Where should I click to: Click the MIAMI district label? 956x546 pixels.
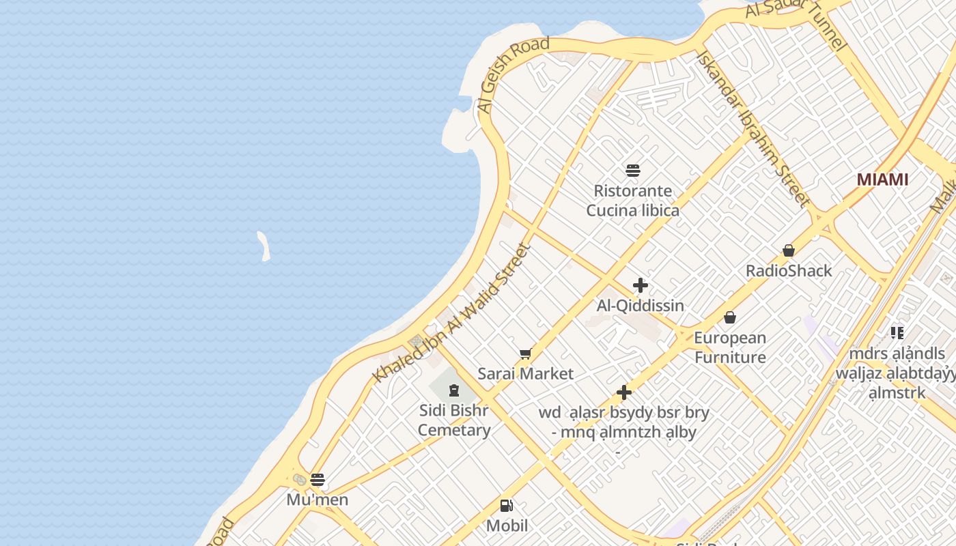pos(882,179)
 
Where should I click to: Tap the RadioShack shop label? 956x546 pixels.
pos(789,271)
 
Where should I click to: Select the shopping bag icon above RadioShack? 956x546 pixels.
pos(789,250)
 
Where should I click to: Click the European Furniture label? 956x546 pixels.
pos(730,347)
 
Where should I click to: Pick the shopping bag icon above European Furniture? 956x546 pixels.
pos(730,317)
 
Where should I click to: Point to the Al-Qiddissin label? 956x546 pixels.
pos(640,306)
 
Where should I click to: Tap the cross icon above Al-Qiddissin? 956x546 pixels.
pos(640,285)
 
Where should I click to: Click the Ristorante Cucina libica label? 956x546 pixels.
pos(632,201)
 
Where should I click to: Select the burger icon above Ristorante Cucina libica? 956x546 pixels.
pos(633,170)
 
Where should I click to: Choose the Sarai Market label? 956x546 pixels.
pos(525,374)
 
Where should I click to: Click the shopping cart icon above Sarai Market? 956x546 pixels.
pos(525,354)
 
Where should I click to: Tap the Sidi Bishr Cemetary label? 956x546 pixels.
pos(454,420)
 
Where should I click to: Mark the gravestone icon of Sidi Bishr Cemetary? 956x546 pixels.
pos(454,390)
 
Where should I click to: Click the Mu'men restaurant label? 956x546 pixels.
pos(317,500)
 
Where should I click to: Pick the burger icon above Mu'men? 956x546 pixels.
pos(317,479)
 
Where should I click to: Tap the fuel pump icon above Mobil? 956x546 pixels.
pos(507,506)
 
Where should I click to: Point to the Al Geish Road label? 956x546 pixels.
pos(514,74)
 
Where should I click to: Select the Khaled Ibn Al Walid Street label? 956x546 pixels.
pos(451,313)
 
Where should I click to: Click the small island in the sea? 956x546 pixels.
pos(264,246)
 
